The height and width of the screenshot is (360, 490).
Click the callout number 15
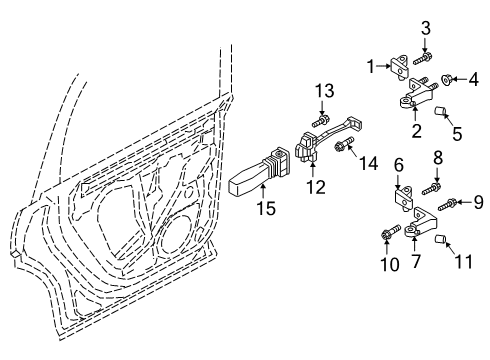[266, 209]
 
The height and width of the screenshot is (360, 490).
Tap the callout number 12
[316, 187]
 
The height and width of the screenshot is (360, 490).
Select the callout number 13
[325, 90]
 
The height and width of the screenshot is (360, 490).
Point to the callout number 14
[369, 163]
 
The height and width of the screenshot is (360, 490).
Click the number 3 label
[426, 28]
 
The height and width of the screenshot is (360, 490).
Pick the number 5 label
[457, 133]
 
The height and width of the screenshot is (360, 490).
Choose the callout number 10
[390, 264]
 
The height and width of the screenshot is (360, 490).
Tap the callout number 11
[464, 261]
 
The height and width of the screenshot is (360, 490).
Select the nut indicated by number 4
[446, 79]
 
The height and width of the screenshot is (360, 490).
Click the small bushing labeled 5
[441, 111]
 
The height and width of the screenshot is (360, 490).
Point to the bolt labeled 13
[321, 121]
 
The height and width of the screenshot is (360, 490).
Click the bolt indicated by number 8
[431, 188]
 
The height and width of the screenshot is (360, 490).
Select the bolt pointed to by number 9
[447, 204]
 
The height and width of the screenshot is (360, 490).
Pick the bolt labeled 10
[391, 232]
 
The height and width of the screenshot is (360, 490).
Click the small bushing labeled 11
[441, 239]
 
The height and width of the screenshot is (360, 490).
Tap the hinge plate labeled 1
[400, 67]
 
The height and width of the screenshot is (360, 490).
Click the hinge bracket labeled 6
[404, 198]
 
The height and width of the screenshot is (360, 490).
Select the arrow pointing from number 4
[459, 79]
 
